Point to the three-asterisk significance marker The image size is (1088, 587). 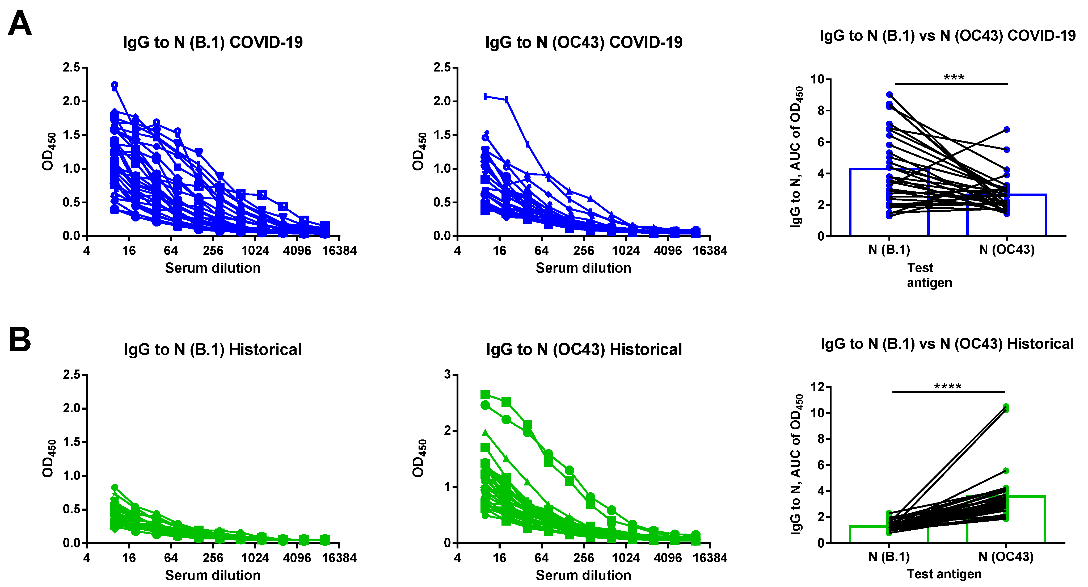click(954, 77)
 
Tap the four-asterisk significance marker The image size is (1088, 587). click(948, 386)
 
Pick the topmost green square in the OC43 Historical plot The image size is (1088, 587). click(485, 394)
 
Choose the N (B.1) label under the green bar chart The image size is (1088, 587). click(889, 557)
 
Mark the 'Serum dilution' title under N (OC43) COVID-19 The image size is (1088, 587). click(583, 268)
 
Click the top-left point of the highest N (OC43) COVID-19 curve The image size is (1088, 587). click(486, 96)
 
